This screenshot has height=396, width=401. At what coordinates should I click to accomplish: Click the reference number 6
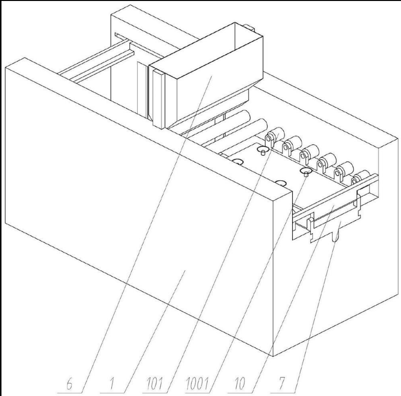point(69,384)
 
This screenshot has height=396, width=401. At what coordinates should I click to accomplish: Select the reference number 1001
point(197,384)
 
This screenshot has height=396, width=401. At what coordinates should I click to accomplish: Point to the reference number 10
point(240,384)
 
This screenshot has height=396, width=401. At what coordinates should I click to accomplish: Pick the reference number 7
point(282,384)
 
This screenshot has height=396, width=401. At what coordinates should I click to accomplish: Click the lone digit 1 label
point(112,384)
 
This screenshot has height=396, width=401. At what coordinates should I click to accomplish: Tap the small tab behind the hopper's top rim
point(249,27)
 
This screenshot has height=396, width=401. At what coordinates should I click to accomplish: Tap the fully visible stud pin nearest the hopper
point(262,151)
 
